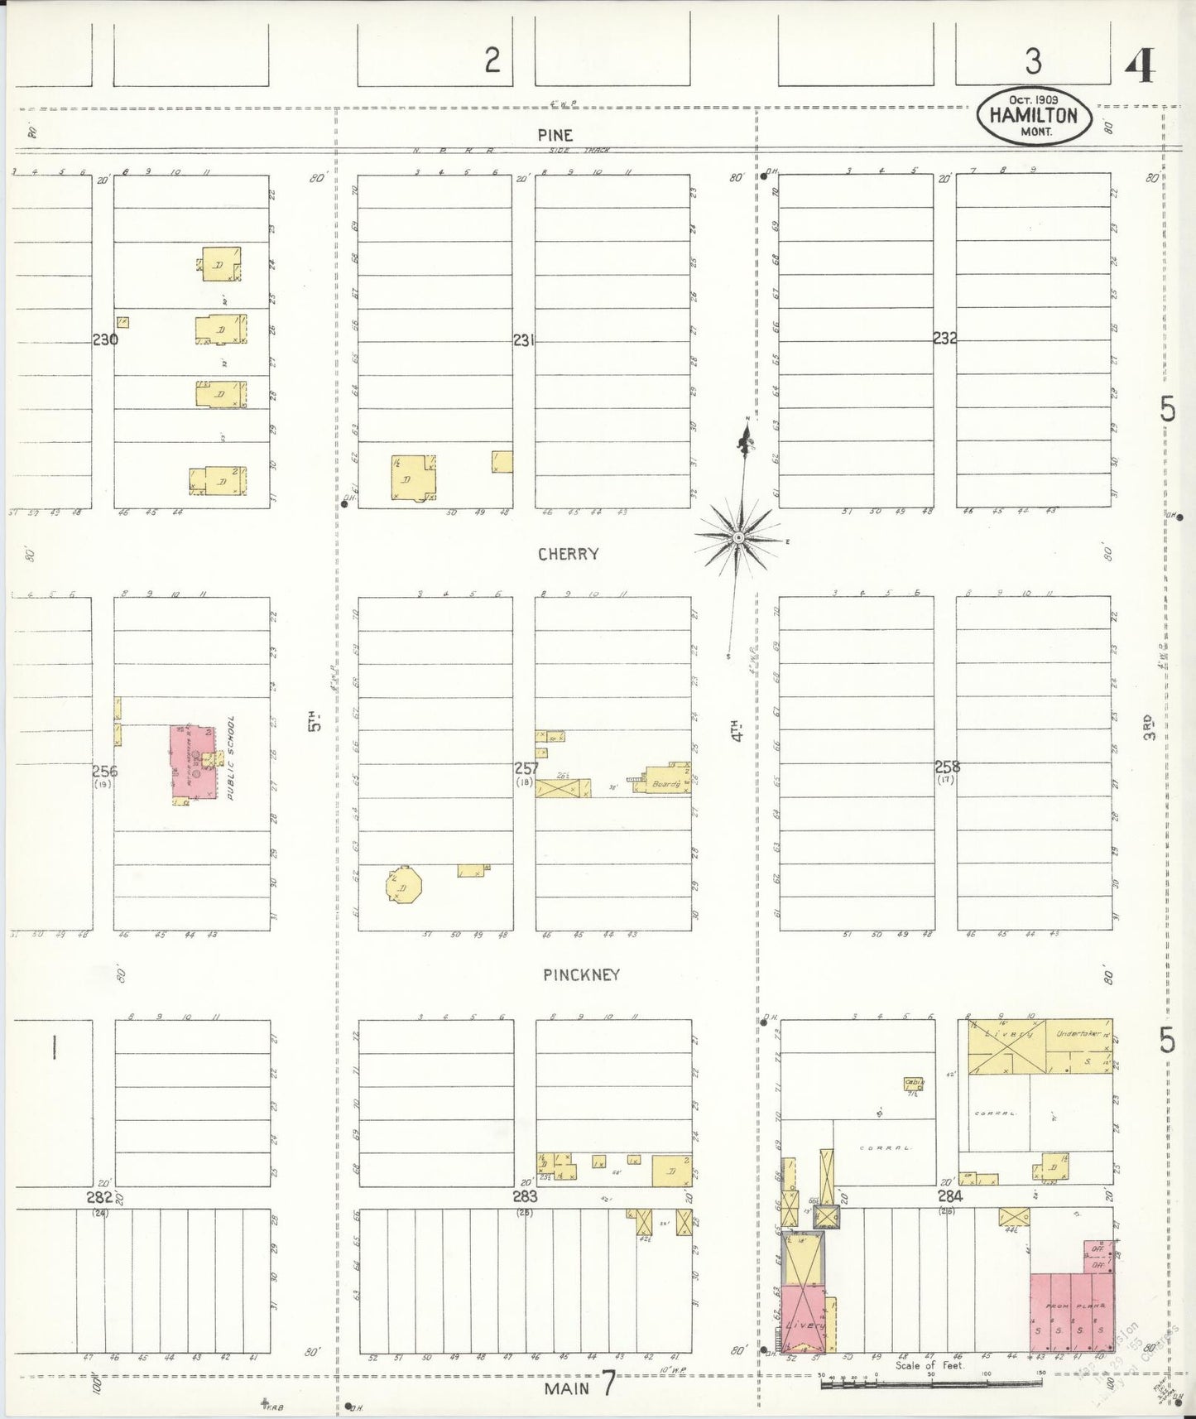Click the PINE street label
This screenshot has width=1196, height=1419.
(555, 135)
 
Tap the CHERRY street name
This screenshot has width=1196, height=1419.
(568, 554)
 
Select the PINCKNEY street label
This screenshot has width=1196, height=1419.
(581, 974)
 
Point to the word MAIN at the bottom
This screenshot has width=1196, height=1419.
(567, 1388)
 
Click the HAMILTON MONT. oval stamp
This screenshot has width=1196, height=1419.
(1033, 115)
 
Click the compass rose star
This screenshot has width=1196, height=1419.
(737, 538)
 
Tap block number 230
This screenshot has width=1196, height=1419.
(105, 339)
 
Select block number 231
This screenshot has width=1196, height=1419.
(524, 339)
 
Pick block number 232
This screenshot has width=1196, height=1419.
(945, 338)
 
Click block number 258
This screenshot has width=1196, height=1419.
(947, 767)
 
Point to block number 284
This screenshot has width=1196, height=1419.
(949, 1196)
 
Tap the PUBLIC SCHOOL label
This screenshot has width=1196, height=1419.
(232, 758)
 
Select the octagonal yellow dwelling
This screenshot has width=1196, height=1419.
(403, 886)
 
